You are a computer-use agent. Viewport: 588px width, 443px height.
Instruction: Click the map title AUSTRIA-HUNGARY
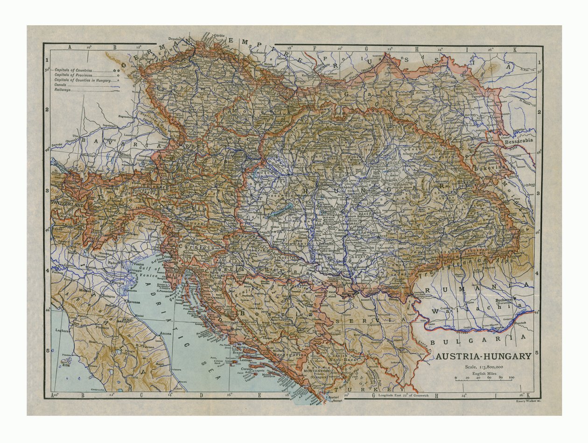[x=483, y=356]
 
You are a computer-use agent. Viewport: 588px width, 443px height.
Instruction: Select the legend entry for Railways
[x=63, y=90]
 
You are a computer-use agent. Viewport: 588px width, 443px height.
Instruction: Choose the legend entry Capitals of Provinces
[x=73, y=75]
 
